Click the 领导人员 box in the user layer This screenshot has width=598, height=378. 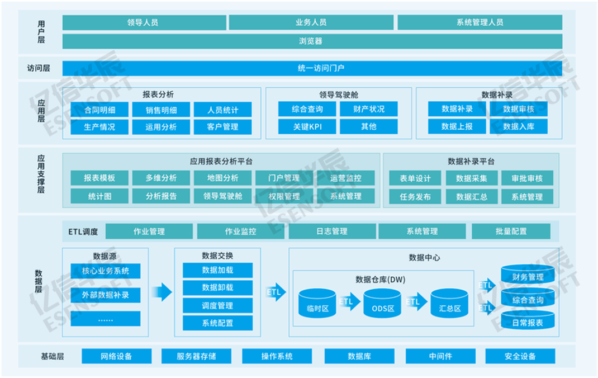(144, 22)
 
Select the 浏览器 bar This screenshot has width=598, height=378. (312, 41)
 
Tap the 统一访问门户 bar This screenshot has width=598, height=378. (312, 68)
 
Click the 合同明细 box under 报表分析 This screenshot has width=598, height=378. (99, 110)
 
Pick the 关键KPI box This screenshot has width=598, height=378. (307, 127)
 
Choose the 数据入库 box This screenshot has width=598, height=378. (518, 127)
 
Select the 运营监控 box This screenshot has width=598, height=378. (345, 178)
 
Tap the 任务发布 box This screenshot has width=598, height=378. (415, 197)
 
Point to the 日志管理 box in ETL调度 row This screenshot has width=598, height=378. (332, 231)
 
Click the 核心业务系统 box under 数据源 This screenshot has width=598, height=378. (105, 271)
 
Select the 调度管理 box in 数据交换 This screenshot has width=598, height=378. (217, 305)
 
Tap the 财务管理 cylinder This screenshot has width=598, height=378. (528, 275)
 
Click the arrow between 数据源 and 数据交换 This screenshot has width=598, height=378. (162, 292)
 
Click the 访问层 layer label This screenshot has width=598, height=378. (39, 68)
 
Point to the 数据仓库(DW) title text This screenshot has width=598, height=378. (380, 279)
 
